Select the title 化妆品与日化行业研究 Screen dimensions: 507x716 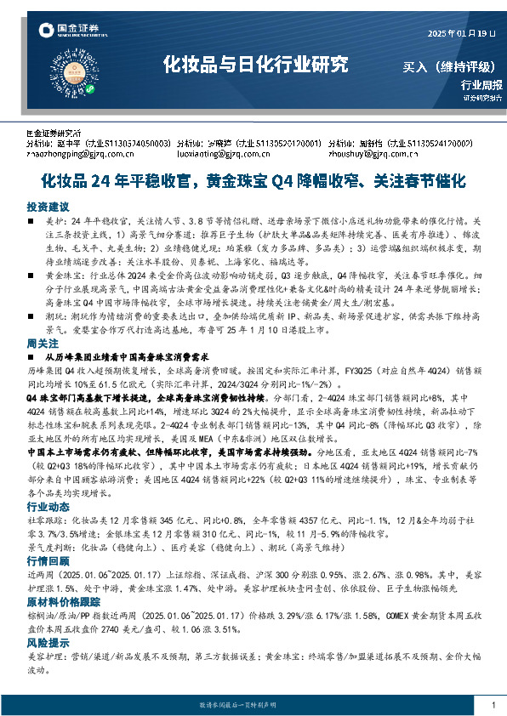[x=255, y=64]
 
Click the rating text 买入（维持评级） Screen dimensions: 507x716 [x=451, y=65]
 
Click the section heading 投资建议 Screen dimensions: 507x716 [x=47, y=207]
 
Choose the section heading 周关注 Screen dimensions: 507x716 [x=42, y=343]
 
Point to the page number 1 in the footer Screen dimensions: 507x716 [x=493, y=706]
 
